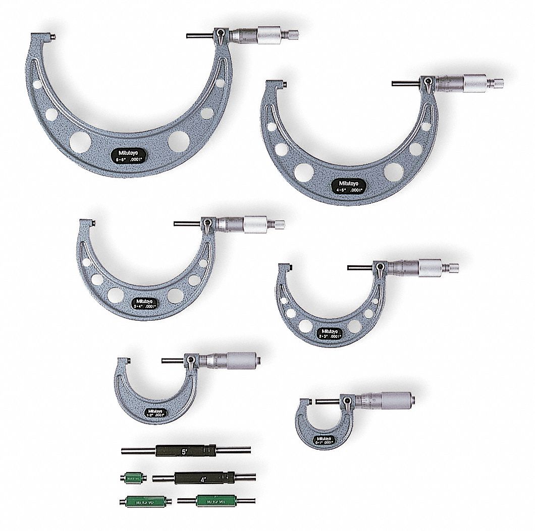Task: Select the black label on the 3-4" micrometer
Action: point(145,302)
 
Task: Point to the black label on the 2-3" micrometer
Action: point(332,333)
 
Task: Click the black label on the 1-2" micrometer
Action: point(158,411)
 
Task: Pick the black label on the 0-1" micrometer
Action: point(324,439)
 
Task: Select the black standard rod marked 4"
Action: point(192,478)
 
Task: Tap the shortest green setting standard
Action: point(132,477)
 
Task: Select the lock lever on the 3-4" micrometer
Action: point(207,223)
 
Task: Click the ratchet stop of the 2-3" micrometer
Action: point(453,267)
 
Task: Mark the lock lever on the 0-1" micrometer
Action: point(347,401)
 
